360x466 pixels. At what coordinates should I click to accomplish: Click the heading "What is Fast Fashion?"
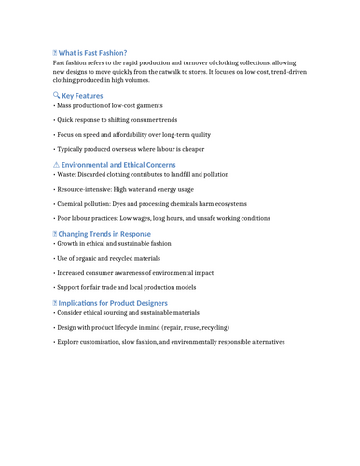click(92, 53)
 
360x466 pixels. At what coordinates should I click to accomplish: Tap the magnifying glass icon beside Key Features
click(56, 95)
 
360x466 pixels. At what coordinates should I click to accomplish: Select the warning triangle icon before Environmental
click(56, 164)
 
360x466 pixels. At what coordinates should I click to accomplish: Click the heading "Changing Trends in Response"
click(104, 234)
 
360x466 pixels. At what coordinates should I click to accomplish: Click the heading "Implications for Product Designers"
click(113, 303)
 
